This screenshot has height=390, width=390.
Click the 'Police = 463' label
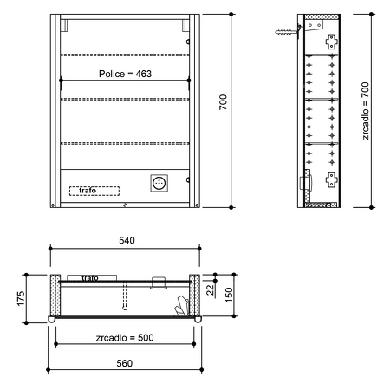pos(125,74)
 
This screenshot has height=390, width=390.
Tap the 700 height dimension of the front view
pos(223,102)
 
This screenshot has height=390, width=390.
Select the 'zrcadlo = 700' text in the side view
pos(366,111)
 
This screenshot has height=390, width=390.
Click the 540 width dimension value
pos(127,240)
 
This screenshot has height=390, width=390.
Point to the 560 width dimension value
pos(125,363)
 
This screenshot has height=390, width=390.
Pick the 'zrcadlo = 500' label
pos(125,338)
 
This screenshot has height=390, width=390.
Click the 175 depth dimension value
pos(21,299)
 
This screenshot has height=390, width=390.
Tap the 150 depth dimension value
pos(229,295)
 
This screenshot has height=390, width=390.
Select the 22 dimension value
pos(211,289)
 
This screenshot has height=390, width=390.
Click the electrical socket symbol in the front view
pos(159,183)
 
